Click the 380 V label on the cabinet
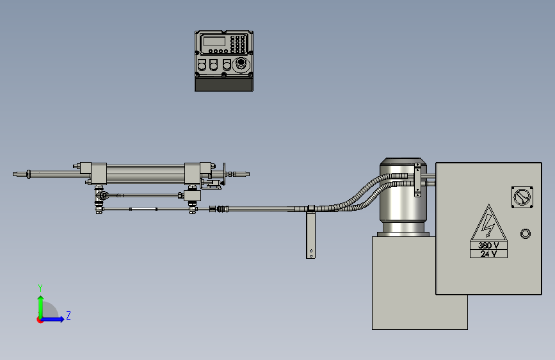488,245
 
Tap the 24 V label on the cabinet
488,254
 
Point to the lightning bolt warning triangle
489,223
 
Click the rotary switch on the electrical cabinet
522,197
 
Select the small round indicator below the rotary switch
526,234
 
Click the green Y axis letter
40,288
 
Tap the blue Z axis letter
68,315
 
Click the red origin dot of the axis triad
40,320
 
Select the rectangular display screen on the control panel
214,42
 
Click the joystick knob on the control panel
241,63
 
